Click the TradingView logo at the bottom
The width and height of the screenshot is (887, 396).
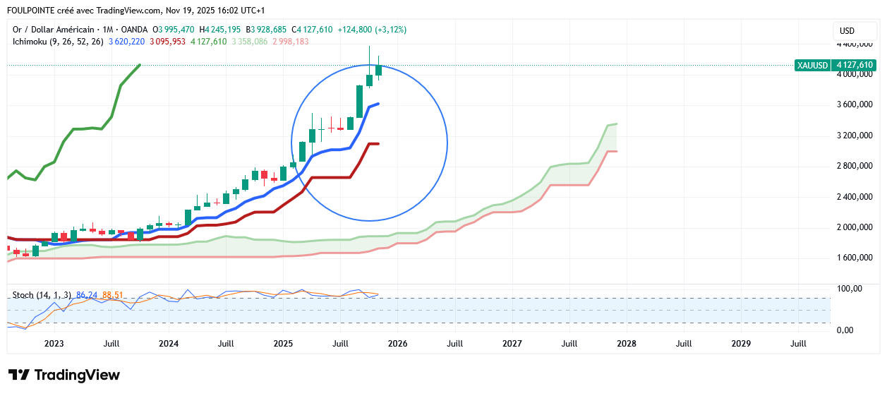click(64, 375)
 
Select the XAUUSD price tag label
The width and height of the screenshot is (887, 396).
click(812, 65)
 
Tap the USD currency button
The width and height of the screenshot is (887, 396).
click(847, 31)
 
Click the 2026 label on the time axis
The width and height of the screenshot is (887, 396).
click(397, 344)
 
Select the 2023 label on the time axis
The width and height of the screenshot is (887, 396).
click(54, 344)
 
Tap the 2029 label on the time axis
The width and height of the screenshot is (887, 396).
click(741, 344)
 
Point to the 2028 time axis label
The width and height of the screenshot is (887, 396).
click(627, 344)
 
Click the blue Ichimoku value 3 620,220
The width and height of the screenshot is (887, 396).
click(127, 42)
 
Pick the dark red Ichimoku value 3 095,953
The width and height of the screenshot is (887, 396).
click(167, 42)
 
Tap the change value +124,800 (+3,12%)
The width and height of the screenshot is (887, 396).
click(372, 30)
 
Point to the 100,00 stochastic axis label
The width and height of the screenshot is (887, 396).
click(850, 289)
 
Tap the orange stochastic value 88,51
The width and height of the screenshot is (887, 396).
click(113, 294)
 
